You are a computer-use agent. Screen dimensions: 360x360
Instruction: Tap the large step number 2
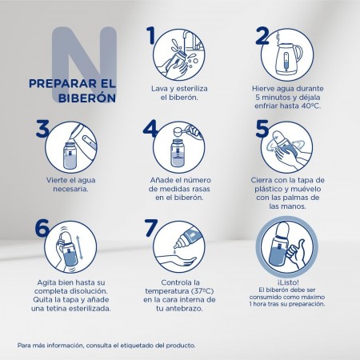[261, 36]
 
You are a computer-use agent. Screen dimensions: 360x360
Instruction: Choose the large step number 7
[149, 227]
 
